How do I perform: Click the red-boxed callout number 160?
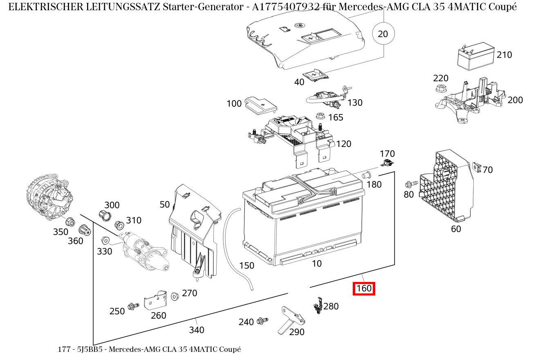click(x=364, y=289)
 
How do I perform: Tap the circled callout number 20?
click(x=383, y=34)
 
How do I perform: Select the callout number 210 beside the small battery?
click(x=504, y=55)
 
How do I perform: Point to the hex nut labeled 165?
click(x=320, y=116)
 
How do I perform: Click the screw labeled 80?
click(x=411, y=184)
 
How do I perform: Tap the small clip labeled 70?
click(x=476, y=166)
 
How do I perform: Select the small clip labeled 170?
click(x=387, y=164)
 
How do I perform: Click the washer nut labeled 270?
click(x=175, y=295)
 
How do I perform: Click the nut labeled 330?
click(x=104, y=240)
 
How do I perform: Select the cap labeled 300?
click(x=105, y=215)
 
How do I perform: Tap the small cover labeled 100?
click(x=260, y=105)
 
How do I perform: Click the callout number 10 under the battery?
click(x=317, y=264)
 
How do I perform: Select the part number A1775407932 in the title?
click(x=284, y=7)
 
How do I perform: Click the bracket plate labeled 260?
click(x=155, y=301)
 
